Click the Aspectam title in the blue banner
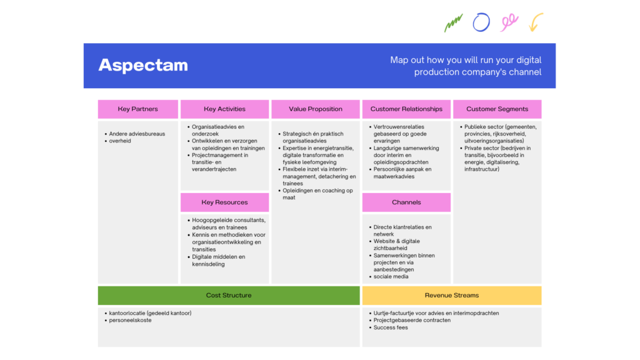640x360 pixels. coord(143,65)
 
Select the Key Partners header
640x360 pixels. coord(137,109)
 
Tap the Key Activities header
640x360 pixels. coord(224,109)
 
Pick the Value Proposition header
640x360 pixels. coord(316,109)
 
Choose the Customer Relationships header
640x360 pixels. coord(406,109)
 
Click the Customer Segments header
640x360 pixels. coord(497,109)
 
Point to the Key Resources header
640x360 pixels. coord(224,202)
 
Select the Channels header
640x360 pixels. coord(406,202)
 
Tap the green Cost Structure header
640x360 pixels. coord(229,296)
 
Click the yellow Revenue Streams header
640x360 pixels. coord(452,296)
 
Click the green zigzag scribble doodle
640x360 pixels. coord(453,23)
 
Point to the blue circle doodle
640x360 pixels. coord(481,22)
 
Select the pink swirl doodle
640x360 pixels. coord(509,23)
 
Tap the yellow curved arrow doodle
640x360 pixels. coord(536,22)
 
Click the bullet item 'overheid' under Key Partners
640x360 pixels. coord(120,141)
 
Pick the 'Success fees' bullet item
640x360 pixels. coord(391,327)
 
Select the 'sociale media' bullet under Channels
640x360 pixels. coord(391,277)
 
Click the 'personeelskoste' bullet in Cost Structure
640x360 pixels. coord(130,321)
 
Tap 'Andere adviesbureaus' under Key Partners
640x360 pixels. coord(137,134)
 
